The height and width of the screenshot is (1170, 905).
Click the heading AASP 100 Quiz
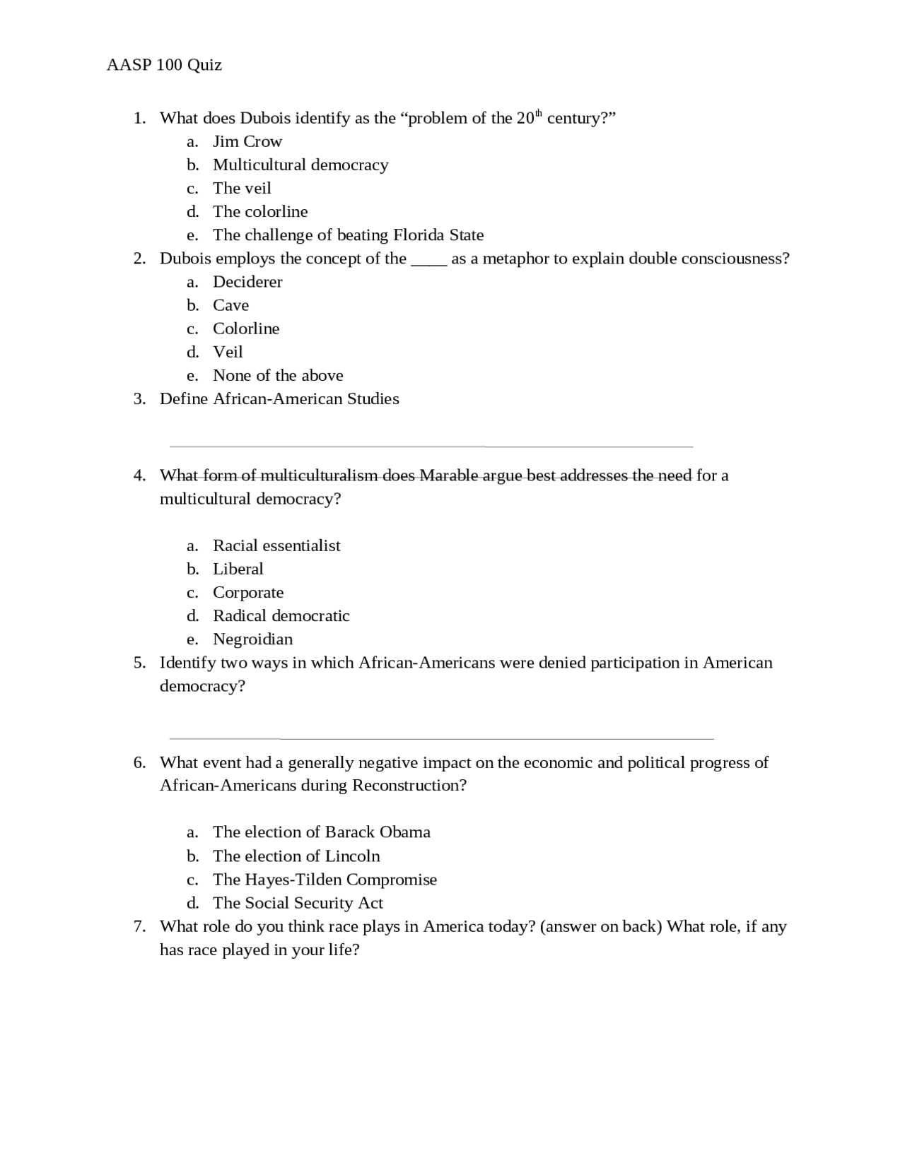(x=164, y=65)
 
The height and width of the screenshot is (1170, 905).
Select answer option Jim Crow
(x=247, y=141)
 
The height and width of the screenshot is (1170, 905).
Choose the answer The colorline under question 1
(x=259, y=211)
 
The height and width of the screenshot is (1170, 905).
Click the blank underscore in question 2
(x=428, y=259)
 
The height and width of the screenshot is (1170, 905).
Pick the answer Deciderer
(x=247, y=282)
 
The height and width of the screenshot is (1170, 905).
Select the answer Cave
(x=230, y=305)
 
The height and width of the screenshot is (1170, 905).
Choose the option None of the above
(x=278, y=375)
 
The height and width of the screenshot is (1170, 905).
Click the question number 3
(x=139, y=399)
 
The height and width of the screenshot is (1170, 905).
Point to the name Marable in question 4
(x=449, y=475)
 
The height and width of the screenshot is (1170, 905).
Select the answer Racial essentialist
(x=276, y=545)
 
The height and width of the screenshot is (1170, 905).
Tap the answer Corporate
(x=247, y=592)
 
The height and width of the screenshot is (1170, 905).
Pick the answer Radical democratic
(x=281, y=615)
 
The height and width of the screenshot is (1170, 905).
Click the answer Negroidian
(x=252, y=639)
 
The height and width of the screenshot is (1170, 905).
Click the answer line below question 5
(x=441, y=738)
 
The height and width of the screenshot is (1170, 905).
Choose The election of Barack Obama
(x=321, y=832)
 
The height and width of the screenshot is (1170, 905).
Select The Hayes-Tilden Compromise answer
(x=325, y=880)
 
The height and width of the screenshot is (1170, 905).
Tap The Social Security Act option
(x=298, y=903)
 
